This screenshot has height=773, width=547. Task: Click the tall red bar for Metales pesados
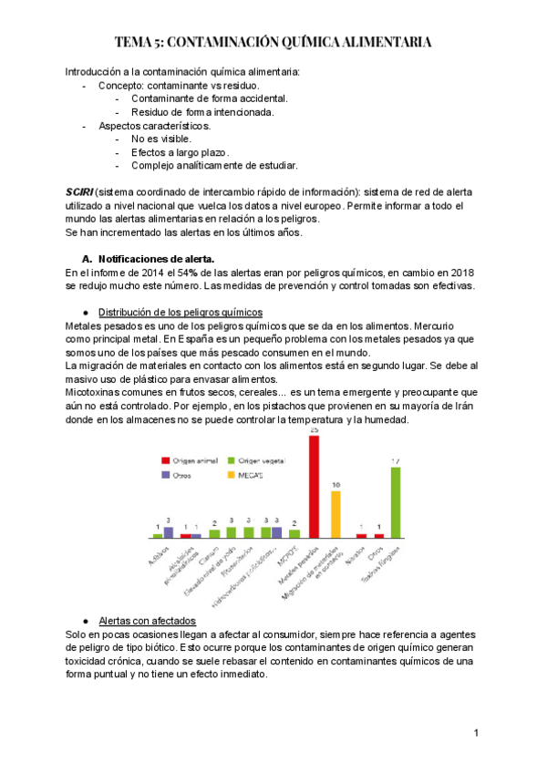[x=314, y=487]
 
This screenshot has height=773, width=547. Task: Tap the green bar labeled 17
[x=396, y=502]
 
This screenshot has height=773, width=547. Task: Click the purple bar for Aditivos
[x=168, y=532]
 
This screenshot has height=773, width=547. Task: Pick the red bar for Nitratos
[x=361, y=536]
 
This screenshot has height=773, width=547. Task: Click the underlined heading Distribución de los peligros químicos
[x=181, y=311]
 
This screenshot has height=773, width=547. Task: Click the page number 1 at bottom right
[x=477, y=734]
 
